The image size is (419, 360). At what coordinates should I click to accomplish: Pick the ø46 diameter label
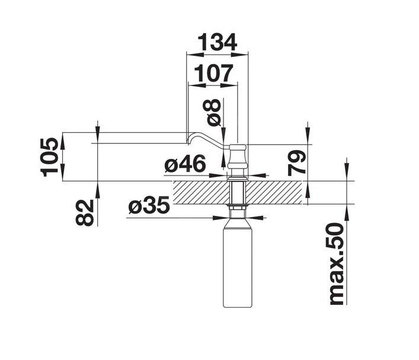tap(185, 164)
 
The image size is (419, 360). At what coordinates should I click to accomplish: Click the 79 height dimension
tap(298, 162)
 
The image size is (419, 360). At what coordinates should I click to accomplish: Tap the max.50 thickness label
tap(336, 264)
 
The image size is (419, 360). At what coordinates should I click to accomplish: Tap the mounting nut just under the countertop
tap(238, 209)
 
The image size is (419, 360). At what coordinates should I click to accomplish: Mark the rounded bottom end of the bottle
tap(238, 305)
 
